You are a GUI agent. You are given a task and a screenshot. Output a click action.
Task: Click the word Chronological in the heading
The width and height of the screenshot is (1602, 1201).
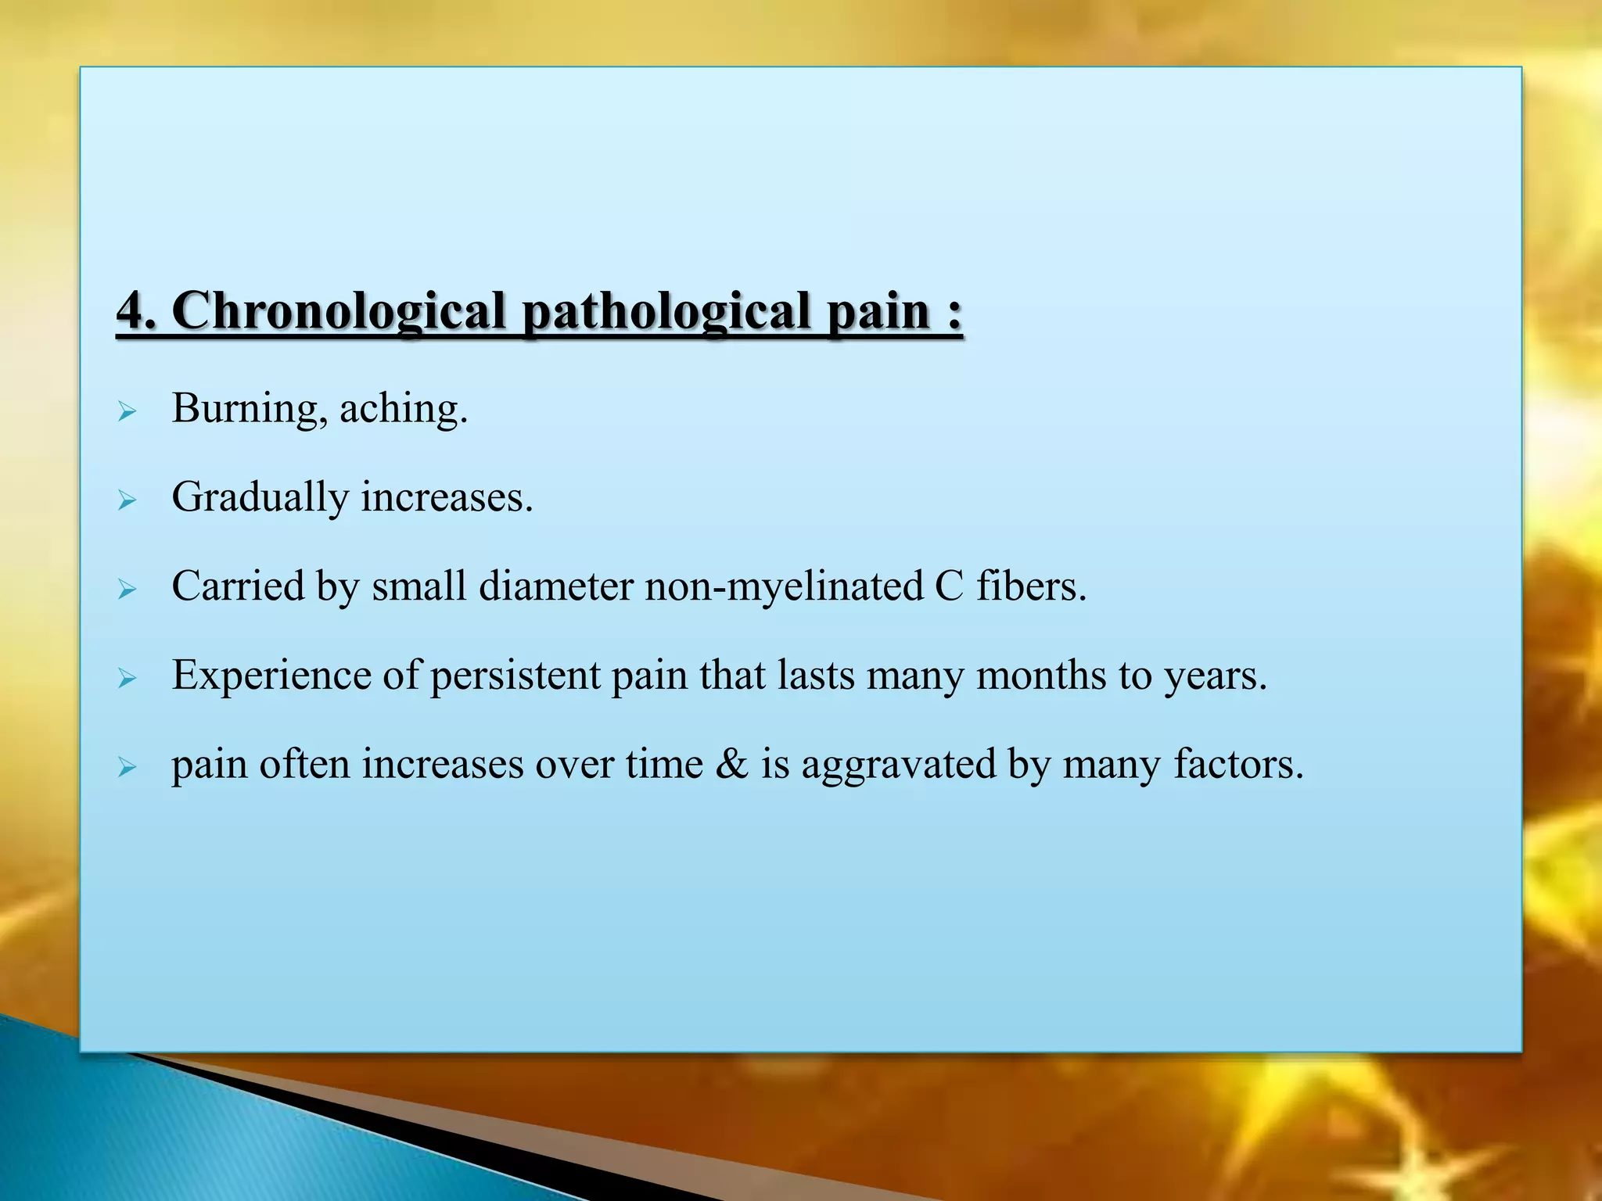pyautogui.click(x=338, y=311)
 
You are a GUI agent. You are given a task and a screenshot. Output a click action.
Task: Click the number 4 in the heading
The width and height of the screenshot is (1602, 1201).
pyautogui.click(x=130, y=311)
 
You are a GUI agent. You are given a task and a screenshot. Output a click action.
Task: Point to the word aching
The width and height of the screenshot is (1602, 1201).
pyautogui.click(x=402, y=408)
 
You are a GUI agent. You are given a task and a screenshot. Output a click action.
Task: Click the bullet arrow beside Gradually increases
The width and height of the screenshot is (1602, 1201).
pyautogui.click(x=127, y=500)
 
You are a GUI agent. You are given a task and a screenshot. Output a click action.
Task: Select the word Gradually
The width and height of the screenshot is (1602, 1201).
pyautogui.click(x=260, y=497)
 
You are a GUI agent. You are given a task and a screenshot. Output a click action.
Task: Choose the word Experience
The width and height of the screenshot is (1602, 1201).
pyautogui.click(x=271, y=676)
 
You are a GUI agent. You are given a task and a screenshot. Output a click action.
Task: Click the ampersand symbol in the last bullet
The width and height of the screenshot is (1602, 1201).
pyautogui.click(x=731, y=764)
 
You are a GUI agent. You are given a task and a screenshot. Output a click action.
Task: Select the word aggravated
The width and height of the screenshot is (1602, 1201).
pyautogui.click(x=898, y=765)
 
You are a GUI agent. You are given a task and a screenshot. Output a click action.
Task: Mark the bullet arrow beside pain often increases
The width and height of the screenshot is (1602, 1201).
pyautogui.click(x=127, y=767)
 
